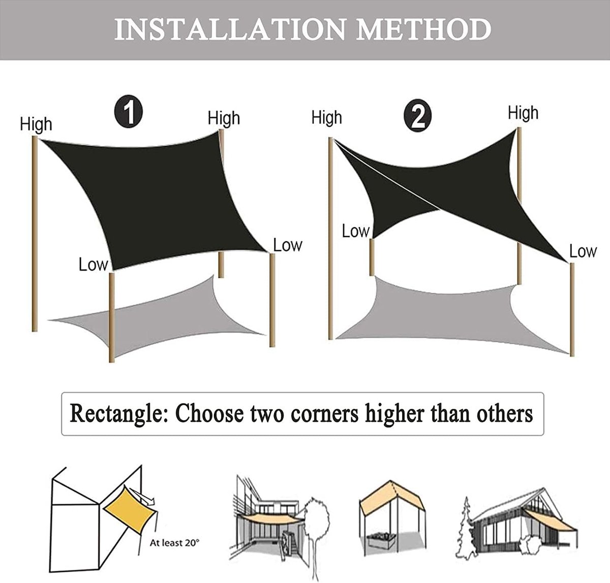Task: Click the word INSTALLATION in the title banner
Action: tap(230, 29)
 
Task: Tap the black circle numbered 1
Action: tap(129, 112)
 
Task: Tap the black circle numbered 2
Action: tap(417, 116)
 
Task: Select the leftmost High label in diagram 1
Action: tap(36, 124)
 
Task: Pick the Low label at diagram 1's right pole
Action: tap(288, 245)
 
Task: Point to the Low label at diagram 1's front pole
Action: tap(93, 265)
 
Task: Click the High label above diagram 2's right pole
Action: tap(523, 113)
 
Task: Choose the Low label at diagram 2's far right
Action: tap(583, 251)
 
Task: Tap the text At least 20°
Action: tap(174, 542)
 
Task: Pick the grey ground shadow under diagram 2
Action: tap(451, 316)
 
